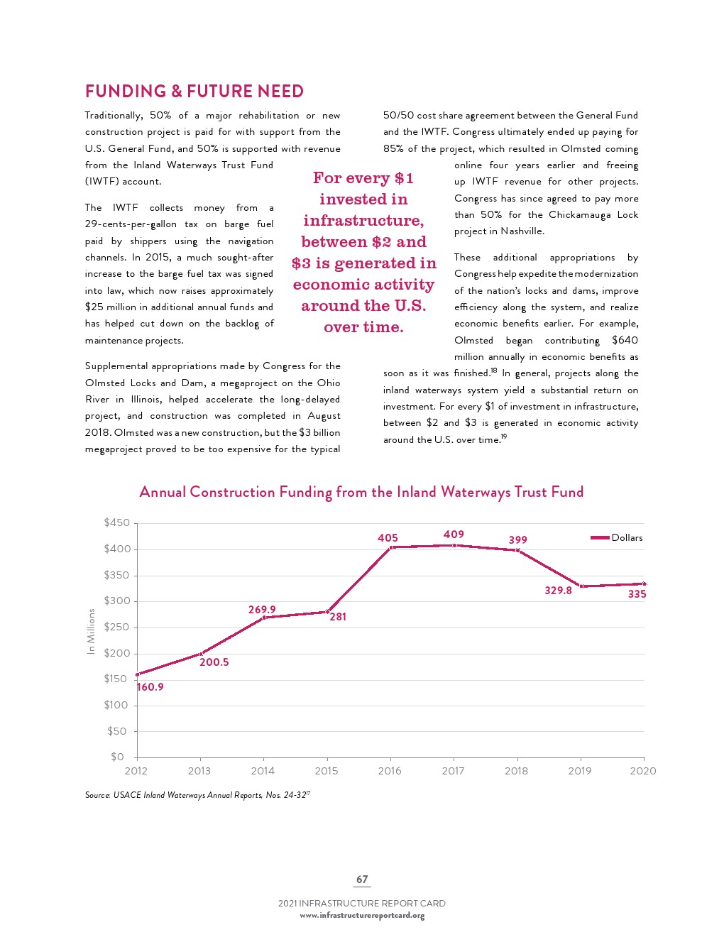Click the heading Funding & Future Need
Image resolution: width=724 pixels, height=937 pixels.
coord(194,92)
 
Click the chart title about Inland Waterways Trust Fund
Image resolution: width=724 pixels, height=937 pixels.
coord(361,492)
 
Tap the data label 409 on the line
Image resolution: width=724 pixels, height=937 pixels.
coord(454,535)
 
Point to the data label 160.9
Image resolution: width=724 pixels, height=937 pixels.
coord(150,687)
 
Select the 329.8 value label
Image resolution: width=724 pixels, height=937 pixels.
coord(558,591)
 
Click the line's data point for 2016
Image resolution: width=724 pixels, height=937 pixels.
coord(390,547)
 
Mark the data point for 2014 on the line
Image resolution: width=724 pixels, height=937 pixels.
coord(263,618)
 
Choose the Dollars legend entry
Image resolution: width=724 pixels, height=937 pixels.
coord(617,538)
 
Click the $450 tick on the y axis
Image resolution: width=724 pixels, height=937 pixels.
coord(117,523)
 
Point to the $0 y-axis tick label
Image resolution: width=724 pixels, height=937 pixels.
coord(117,757)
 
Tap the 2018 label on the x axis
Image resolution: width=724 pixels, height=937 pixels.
coord(517,771)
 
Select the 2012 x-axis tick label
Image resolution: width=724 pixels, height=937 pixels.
coord(136,771)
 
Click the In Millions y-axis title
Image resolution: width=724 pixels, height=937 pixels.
coord(91,632)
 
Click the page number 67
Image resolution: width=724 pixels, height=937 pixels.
coord(362,880)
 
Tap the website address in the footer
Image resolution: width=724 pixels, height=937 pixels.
coord(362,916)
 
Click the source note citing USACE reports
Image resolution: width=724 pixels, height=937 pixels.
coord(197,795)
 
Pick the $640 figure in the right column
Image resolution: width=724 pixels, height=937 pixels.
coord(625,341)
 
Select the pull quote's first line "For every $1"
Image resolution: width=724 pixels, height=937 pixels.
coord(363,178)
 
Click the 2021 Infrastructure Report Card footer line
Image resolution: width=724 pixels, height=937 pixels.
coord(362,904)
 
